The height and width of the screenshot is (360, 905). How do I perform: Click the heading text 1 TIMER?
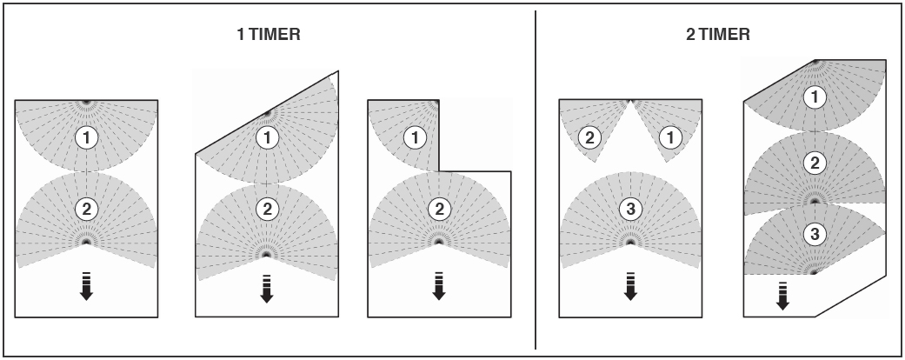[x=269, y=35]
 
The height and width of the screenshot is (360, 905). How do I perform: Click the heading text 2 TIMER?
[x=718, y=35]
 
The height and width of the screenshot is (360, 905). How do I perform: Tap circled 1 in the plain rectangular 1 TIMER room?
[x=87, y=138]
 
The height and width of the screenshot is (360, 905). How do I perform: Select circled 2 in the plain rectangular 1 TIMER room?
[x=87, y=210]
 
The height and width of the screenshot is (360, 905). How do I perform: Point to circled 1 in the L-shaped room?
[x=415, y=138]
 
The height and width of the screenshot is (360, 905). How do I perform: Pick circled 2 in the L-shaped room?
[x=439, y=210]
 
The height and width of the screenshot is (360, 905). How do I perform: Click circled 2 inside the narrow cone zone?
[x=589, y=138]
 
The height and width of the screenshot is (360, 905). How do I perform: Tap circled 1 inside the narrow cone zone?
[x=670, y=138]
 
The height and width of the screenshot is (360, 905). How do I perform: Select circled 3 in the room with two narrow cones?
[x=630, y=210]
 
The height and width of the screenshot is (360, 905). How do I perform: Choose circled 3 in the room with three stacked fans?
[x=815, y=234]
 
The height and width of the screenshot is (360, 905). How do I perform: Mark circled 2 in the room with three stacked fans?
[x=815, y=163]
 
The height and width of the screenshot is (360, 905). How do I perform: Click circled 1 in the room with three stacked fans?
[x=815, y=97]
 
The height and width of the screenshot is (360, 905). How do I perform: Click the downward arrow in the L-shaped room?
[x=439, y=286]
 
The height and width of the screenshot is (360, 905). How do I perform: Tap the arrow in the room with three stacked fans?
[x=782, y=296]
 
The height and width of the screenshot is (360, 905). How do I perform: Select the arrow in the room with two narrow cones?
[x=630, y=286]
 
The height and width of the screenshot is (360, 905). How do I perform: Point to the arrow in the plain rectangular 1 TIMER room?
[x=87, y=286]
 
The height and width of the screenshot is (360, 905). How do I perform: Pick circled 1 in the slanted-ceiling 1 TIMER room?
[x=267, y=138]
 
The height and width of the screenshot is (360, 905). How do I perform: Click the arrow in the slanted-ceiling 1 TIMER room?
[x=267, y=289]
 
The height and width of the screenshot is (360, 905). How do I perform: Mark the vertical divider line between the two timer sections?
[x=535, y=180]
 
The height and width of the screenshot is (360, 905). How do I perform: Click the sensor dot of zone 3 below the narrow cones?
[x=630, y=243]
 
